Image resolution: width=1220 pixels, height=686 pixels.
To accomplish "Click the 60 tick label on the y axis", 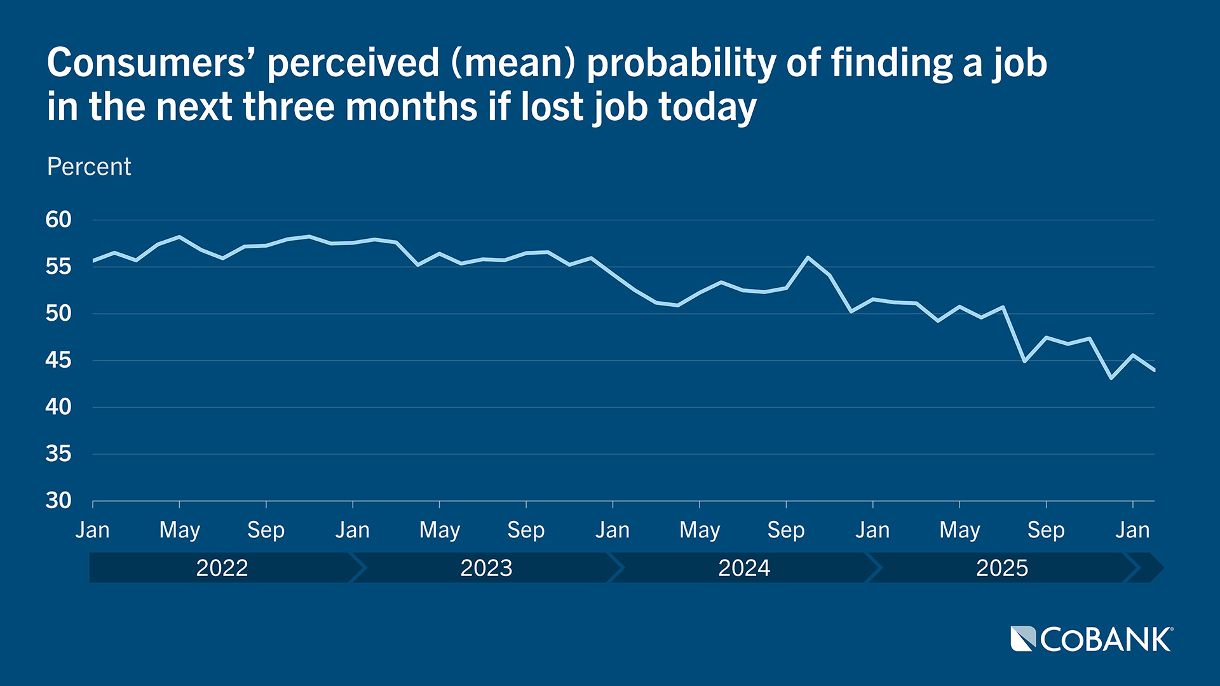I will (x=58, y=220).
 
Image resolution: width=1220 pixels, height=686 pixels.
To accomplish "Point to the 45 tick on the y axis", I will (x=58, y=360).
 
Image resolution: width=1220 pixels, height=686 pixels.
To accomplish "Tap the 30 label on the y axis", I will (x=58, y=501).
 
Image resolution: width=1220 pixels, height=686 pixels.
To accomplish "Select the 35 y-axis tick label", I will (x=58, y=454).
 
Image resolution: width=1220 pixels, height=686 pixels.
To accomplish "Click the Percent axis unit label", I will (x=89, y=166).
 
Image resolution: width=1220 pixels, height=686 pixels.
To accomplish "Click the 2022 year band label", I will (x=222, y=568).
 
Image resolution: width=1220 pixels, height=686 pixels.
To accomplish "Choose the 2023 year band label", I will (x=486, y=568).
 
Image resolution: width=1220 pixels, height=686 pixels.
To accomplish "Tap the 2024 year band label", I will (x=744, y=568).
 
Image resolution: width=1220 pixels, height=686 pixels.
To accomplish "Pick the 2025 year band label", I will (x=1002, y=568).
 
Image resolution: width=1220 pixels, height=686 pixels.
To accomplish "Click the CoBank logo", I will (x=1092, y=639).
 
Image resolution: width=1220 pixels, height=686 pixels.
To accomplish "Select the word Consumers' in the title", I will (x=152, y=64).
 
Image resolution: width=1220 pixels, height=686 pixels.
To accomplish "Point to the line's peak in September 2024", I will (x=808, y=257).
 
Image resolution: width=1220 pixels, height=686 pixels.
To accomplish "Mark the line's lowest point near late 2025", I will (x=1111, y=378).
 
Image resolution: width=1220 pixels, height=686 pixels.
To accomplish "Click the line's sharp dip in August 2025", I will (x=1024, y=361).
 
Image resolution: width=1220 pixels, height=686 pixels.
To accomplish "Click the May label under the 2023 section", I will (x=439, y=530).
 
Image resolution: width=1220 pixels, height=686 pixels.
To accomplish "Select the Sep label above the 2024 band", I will (x=786, y=530).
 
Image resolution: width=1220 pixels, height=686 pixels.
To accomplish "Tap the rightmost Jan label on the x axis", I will (x=1132, y=530).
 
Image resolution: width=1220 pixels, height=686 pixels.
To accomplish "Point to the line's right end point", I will (x=1154, y=370).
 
